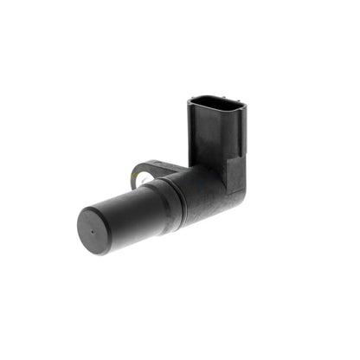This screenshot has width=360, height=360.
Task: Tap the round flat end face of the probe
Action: [94, 230]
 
